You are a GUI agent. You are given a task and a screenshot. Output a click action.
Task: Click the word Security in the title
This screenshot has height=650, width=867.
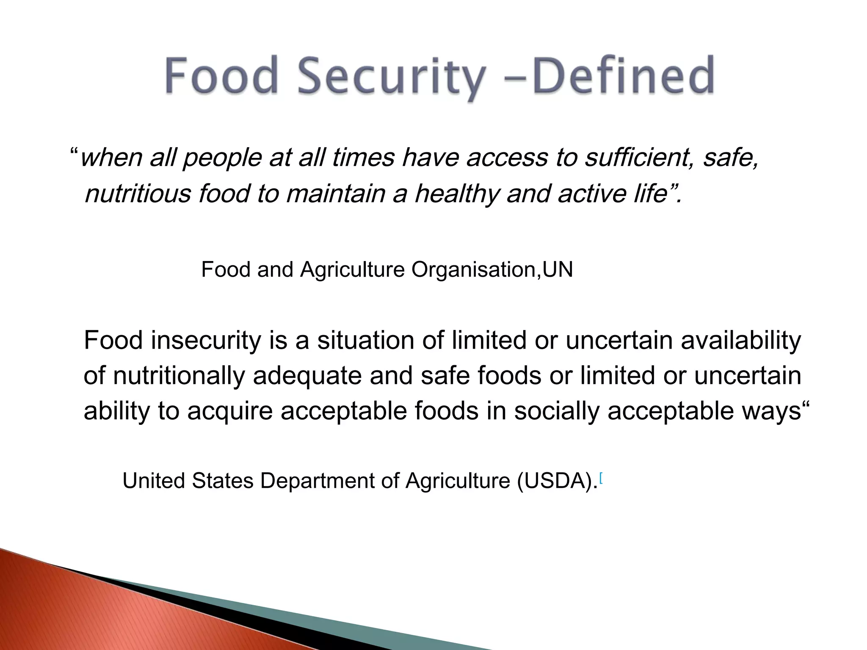pos(390,76)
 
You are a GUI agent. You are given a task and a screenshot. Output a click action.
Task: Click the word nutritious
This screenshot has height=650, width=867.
pos(138,194)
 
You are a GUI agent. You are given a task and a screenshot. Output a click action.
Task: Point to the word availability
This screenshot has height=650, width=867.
pos(740,341)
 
